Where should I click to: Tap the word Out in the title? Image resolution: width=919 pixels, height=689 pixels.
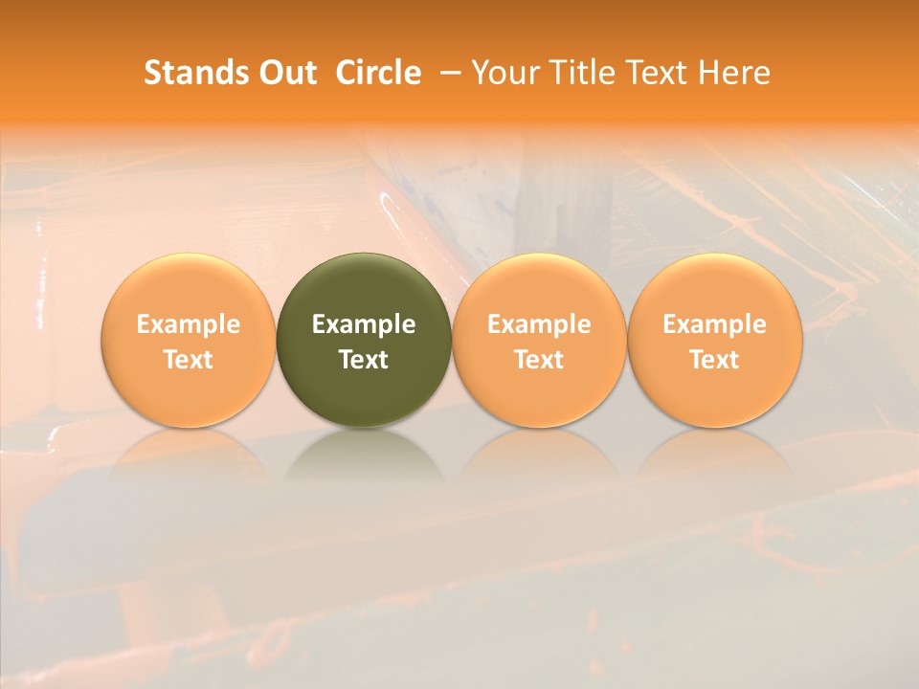[x=286, y=73]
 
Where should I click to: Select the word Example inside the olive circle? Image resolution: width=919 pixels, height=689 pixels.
[x=364, y=324]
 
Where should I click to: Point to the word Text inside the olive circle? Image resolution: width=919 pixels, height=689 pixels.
[x=364, y=360]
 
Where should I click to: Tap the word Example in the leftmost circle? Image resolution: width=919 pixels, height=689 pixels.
[x=188, y=324]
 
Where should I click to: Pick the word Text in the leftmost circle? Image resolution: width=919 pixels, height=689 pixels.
[x=188, y=360]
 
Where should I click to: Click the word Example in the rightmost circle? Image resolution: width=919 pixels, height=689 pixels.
[x=715, y=324]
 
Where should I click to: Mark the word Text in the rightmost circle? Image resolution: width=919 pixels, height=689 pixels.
[x=715, y=360]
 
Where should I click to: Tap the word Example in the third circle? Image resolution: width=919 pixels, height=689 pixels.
[x=539, y=324]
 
